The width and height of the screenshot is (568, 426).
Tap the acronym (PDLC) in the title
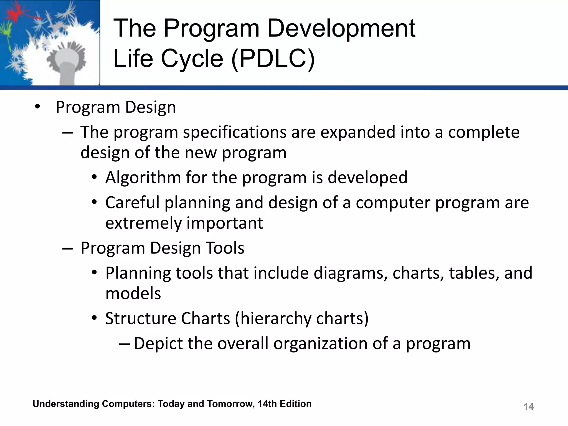[x=273, y=59]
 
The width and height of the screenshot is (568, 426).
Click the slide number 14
[x=528, y=407]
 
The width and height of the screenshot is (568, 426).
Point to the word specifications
[x=235, y=132]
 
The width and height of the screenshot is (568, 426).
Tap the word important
[x=224, y=223]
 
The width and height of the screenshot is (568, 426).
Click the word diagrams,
[x=350, y=273]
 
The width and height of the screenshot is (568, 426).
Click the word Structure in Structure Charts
[x=140, y=318]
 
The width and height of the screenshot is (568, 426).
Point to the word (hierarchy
[x=273, y=318]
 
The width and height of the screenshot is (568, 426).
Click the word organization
[x=320, y=344]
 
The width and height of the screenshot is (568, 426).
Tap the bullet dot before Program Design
[x=37, y=107]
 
